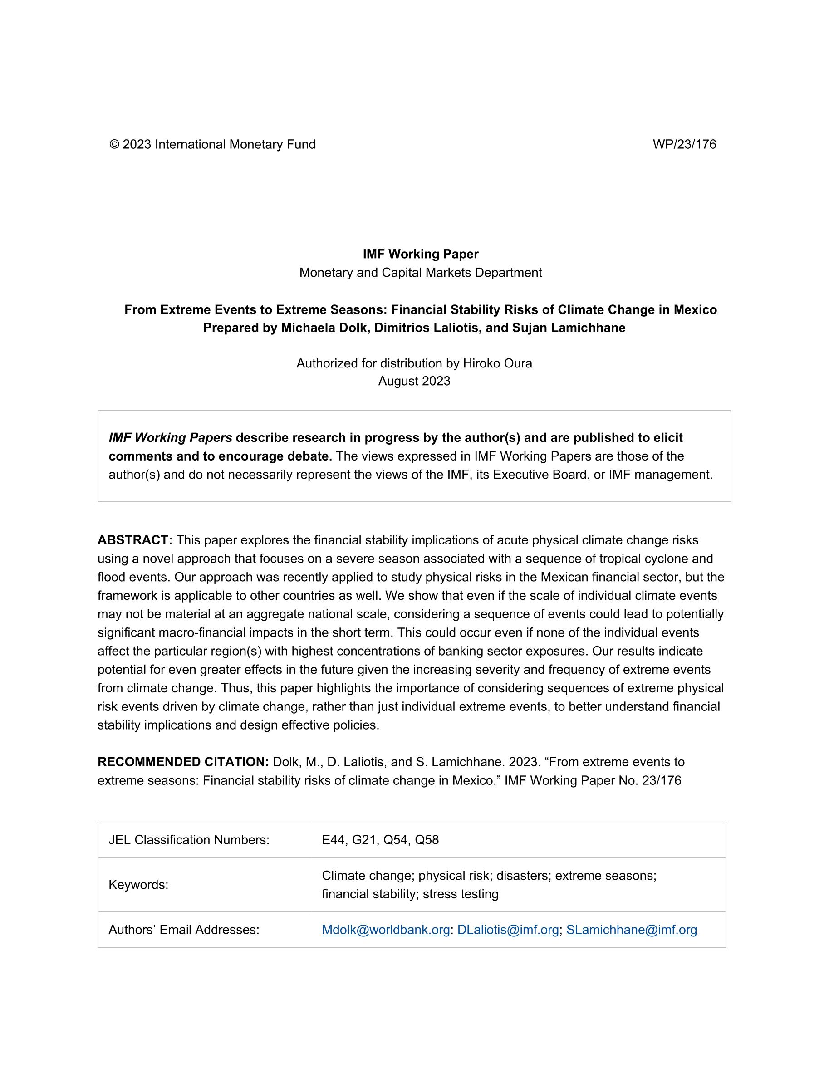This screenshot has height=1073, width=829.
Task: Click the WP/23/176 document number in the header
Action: [x=684, y=144]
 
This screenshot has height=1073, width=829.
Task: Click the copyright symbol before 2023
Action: [x=114, y=144]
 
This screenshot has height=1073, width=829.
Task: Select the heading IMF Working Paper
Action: [x=421, y=254]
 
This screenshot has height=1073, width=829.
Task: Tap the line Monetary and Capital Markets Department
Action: [x=421, y=273]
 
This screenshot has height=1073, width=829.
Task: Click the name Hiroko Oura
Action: [x=497, y=363]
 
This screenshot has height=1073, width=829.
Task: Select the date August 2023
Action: [x=414, y=381]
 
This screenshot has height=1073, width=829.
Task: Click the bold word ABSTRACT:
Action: [x=135, y=540]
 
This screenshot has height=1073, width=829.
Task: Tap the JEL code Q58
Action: [x=427, y=840]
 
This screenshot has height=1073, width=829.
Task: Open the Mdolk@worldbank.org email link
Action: [x=386, y=930]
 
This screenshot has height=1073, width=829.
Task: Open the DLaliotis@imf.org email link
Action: [x=508, y=930]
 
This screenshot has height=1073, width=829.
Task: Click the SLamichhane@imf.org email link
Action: [x=632, y=930]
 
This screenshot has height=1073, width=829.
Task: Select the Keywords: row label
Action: [x=138, y=885]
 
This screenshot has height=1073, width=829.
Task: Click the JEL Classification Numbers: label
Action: [x=189, y=840]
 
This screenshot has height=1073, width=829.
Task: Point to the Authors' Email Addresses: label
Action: [x=184, y=930]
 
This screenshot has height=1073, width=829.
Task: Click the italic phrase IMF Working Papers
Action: [x=171, y=438]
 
